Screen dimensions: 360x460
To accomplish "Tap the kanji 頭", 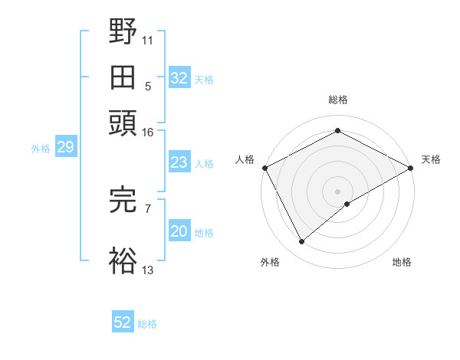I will pyautogui.click(x=123, y=123).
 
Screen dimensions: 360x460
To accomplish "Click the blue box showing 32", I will pyautogui.click(x=179, y=78).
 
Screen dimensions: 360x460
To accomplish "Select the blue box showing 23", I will pyautogui.click(x=179, y=162).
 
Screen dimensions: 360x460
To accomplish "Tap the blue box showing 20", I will pyautogui.click(x=179, y=232).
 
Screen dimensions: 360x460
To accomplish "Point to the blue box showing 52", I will pyautogui.click(x=123, y=323).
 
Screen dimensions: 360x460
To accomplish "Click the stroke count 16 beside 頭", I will pyautogui.click(x=147, y=132).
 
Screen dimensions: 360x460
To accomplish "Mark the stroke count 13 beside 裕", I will pyautogui.click(x=147, y=270).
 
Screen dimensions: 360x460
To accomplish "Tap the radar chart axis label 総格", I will pyautogui.click(x=337, y=100).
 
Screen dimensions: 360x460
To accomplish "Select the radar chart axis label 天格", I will pyautogui.click(x=431, y=159).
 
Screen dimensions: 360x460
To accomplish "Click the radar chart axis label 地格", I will pyautogui.click(x=402, y=262).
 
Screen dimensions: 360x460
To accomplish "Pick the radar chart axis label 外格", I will pyautogui.click(x=270, y=262).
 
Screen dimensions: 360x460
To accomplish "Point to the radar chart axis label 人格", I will pyautogui.click(x=245, y=159).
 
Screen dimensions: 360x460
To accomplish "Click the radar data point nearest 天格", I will pyautogui.click(x=412, y=167).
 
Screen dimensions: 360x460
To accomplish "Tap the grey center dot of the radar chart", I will pyautogui.click(x=337, y=191).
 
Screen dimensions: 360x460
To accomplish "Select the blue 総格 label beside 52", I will pyautogui.click(x=147, y=324).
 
